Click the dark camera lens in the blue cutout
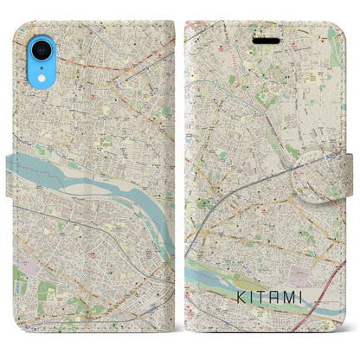point(42,43)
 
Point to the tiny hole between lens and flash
point(42,55)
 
